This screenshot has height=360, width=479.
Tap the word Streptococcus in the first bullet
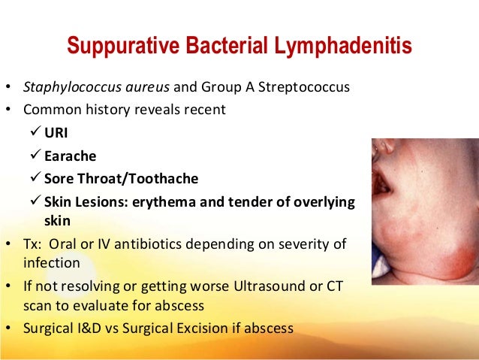pos(306,87)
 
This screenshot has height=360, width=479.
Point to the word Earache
pos(70,159)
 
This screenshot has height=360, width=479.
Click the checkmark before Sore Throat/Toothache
pos(33,179)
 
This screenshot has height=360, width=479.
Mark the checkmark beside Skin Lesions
pos(33,202)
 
